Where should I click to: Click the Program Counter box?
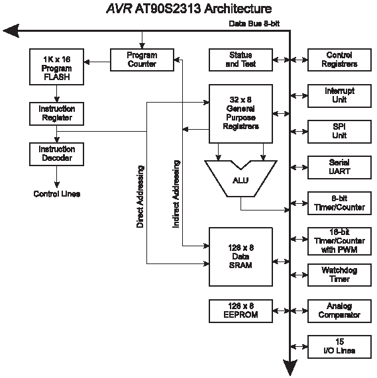[x=142, y=60]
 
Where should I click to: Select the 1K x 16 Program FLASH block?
[x=57, y=67]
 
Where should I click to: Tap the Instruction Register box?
[x=57, y=114]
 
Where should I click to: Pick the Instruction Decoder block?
[x=57, y=154]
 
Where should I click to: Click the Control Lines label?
[x=57, y=194]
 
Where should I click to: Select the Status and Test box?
[x=241, y=60]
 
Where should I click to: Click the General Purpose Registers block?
[x=241, y=114]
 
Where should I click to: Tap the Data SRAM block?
[x=241, y=257]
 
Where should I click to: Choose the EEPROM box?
[x=241, y=311]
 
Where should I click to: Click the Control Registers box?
[x=339, y=60]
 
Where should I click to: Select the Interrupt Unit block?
[x=339, y=96]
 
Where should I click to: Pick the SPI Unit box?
[x=339, y=132]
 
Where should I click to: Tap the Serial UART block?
[x=339, y=167]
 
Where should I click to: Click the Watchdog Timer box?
[x=339, y=275]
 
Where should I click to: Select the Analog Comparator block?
[x=339, y=311]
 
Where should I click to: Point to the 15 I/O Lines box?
[x=339, y=347]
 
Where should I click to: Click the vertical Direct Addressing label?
[x=140, y=197]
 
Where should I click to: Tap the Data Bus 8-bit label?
[x=254, y=24]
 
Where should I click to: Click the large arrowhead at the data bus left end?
[x=11, y=31]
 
